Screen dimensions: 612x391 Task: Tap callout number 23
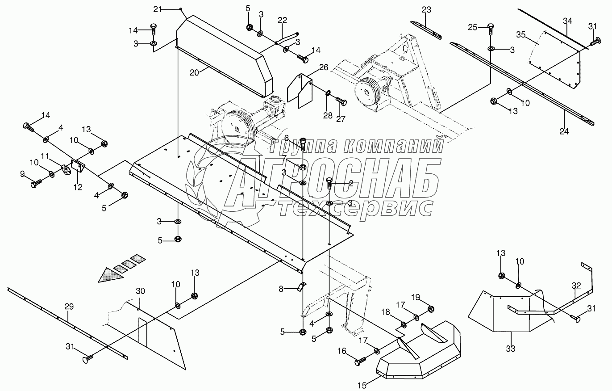click(426, 9)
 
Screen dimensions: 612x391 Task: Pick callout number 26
click(324, 68)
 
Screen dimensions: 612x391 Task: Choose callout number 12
click(78, 187)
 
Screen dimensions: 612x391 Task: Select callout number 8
click(281, 289)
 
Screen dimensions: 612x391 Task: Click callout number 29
click(68, 307)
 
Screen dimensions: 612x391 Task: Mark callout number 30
click(141, 290)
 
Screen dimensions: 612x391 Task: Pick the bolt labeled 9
click(36, 183)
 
